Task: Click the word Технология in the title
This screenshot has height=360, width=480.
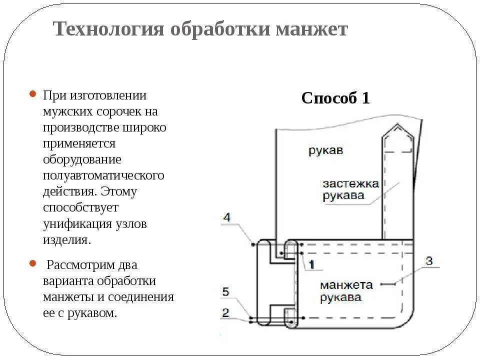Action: coord(108,29)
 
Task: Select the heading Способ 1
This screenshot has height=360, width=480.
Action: coord(335,98)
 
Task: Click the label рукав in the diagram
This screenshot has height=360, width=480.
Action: coord(325,150)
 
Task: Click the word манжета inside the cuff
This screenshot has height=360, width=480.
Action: coord(346,285)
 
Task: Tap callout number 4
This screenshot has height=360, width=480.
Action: coord(227,217)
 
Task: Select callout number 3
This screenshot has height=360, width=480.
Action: coord(429,260)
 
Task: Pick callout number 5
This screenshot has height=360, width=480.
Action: coord(225,291)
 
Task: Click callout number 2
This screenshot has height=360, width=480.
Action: coord(225,313)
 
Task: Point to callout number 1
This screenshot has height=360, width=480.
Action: coord(311,264)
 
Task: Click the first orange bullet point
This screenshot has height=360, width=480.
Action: coord(32,94)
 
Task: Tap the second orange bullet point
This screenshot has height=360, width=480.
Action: coord(32,263)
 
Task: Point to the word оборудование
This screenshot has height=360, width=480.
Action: coord(82,159)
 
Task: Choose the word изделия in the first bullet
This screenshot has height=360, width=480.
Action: coord(67,239)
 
